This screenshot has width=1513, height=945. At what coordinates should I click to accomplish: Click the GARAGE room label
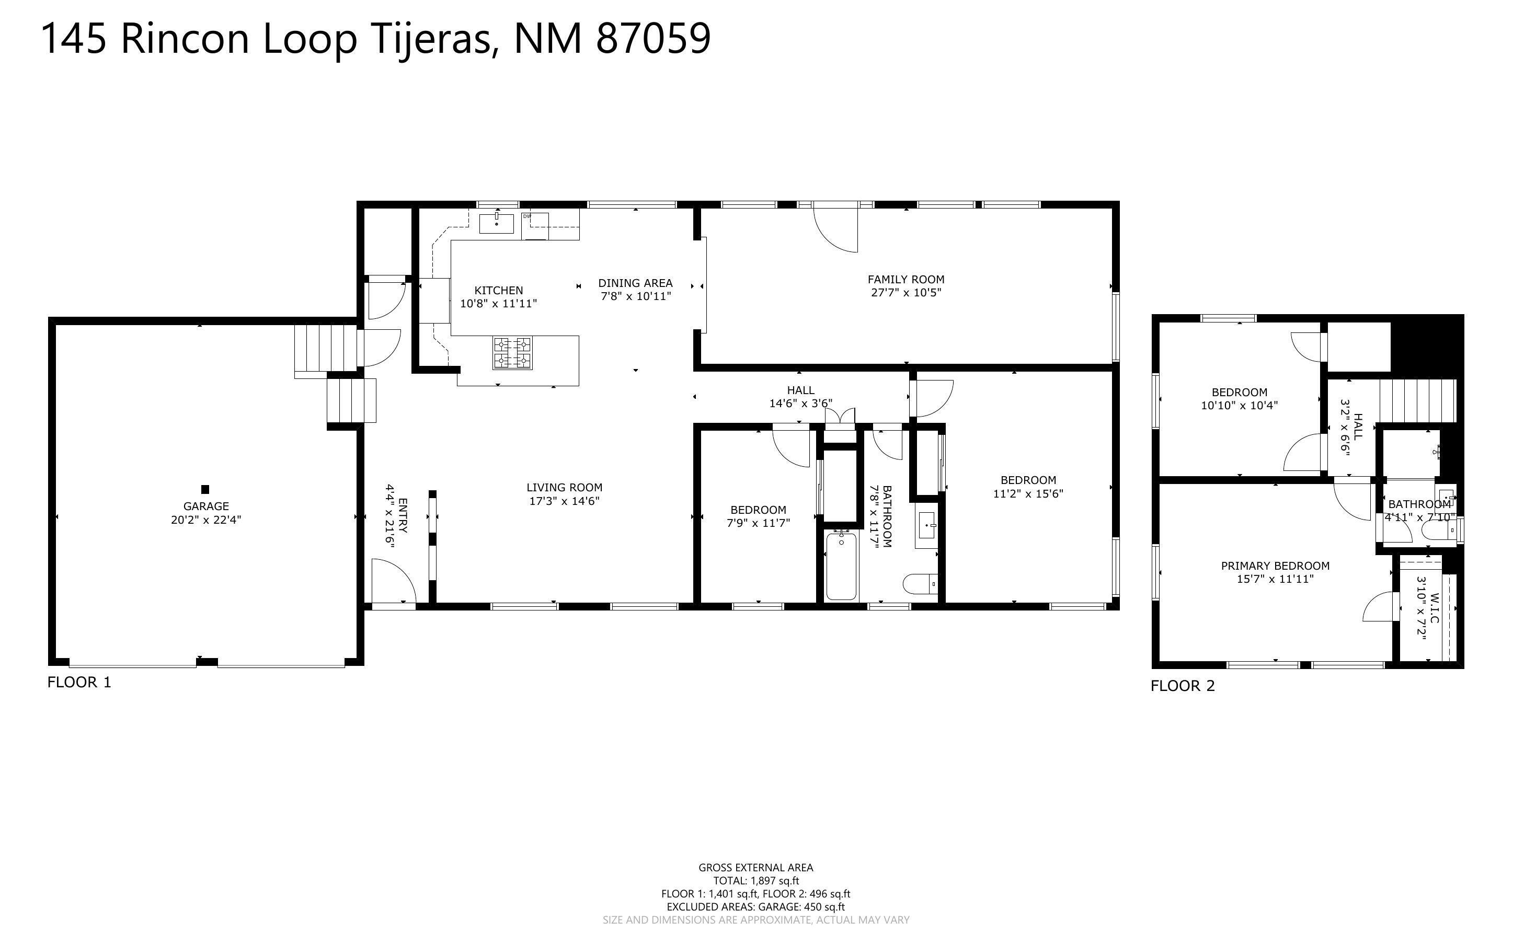[206, 506]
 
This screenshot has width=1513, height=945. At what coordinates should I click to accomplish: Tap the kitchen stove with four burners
[512, 353]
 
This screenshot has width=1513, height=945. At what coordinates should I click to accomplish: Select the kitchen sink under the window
[496, 223]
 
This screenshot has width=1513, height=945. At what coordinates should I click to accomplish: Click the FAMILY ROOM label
[905, 280]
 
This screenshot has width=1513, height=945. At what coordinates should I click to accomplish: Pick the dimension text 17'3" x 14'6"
[564, 501]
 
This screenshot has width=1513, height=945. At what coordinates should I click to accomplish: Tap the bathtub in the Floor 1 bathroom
[841, 566]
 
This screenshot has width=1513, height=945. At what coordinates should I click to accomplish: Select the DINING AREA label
[635, 283]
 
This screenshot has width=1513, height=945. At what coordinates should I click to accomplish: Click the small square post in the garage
[205, 489]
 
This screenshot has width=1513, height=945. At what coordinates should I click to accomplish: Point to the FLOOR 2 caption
[1183, 686]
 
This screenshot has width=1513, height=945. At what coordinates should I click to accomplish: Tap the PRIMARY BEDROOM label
[1275, 566]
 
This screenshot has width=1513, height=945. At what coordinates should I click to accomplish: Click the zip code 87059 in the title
[653, 39]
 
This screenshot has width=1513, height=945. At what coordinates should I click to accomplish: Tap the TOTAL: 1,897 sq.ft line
[755, 881]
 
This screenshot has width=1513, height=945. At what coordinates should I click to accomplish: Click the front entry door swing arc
[394, 581]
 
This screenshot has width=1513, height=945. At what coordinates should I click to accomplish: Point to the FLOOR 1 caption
[79, 682]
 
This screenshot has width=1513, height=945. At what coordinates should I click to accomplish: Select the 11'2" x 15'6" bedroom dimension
[1028, 493]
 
